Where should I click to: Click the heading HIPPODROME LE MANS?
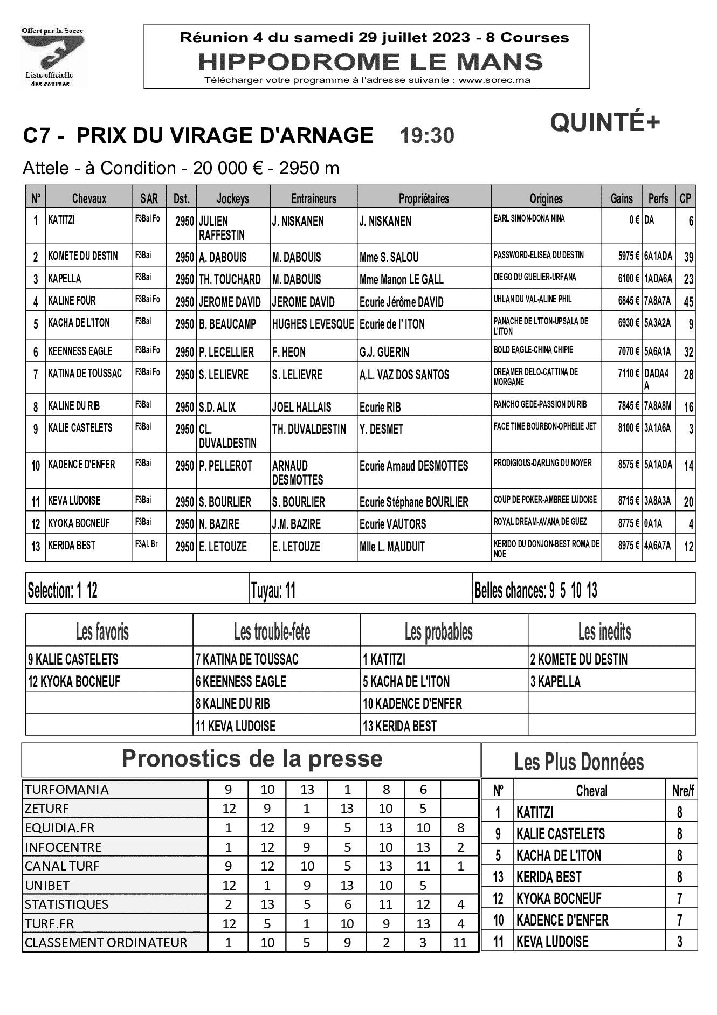tap(370, 62)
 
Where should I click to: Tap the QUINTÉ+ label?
tap(605, 123)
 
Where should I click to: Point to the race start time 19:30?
tap(426, 136)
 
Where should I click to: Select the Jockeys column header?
tap(232, 198)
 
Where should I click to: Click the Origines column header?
tap(546, 198)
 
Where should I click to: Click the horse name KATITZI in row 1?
tap(61, 220)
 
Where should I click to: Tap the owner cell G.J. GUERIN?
tap(384, 352)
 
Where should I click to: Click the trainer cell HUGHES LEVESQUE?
tap(313, 324)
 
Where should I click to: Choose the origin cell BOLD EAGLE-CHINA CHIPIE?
tap(533, 350)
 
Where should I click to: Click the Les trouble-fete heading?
tap(272, 631)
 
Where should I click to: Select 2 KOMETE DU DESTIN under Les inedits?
tap(579, 659)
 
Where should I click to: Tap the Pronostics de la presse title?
tap(252, 759)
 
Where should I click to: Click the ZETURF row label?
tap(47, 809)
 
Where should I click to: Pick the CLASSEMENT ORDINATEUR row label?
tap(106, 943)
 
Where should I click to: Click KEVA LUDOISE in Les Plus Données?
tap(552, 942)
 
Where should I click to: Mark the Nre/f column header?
tap(682, 791)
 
